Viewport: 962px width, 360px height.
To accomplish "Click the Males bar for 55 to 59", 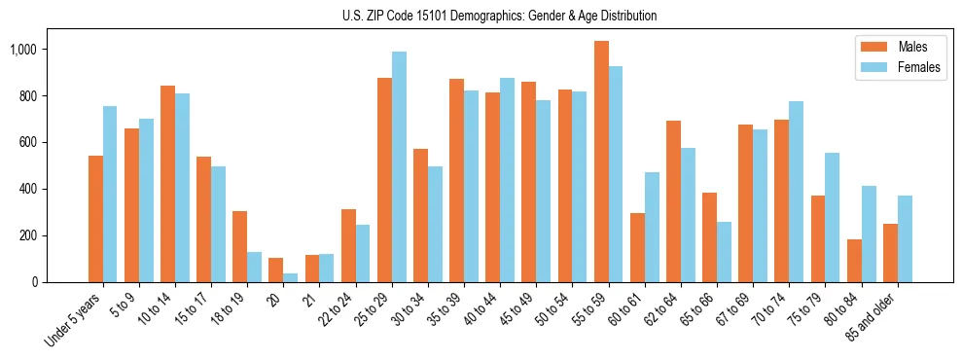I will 601,162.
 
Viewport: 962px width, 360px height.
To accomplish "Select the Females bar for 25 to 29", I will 399,166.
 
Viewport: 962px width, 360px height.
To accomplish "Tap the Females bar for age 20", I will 291,277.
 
